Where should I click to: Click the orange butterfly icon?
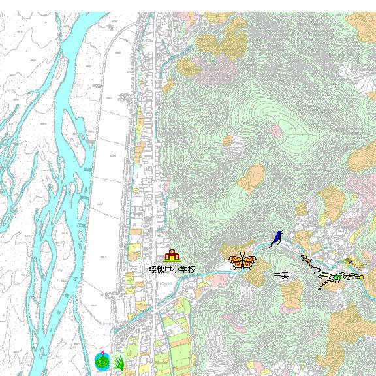242,261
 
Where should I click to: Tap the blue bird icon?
276,239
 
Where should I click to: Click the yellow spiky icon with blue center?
351,262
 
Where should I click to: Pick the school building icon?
172,256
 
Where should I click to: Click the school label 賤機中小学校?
172,269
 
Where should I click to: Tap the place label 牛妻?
281,275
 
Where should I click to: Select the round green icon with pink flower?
102,361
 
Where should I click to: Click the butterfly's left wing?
236,262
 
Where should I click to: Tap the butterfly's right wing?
249,262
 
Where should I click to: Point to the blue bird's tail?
272,245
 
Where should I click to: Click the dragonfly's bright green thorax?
336,277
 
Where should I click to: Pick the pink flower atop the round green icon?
102,352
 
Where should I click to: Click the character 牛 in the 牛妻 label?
277,275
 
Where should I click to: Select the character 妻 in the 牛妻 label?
285,275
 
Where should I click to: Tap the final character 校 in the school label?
191,269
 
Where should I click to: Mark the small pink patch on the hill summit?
276,131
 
